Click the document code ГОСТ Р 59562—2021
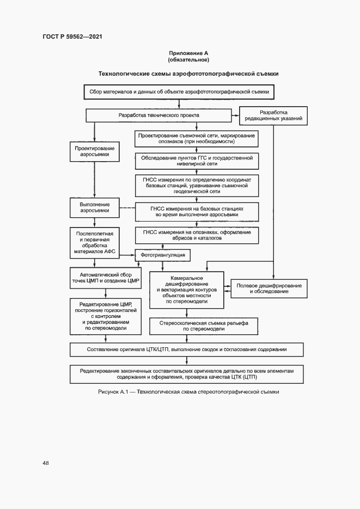pos(72,36)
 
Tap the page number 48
pos(46,463)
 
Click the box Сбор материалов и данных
pos(179,93)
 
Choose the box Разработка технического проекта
pos(159,115)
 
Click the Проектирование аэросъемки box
pos(95,152)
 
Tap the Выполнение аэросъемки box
pos(95,207)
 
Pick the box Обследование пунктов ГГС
pos(197,161)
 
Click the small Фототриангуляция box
pos(163,255)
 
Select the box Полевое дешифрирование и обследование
pos(270,289)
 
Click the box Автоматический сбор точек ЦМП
pos(106,278)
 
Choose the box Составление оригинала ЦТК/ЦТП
pos(187,349)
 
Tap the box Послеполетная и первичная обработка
pos(95,243)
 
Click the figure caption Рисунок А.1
pos(188,392)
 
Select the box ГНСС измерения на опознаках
pos(197,236)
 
